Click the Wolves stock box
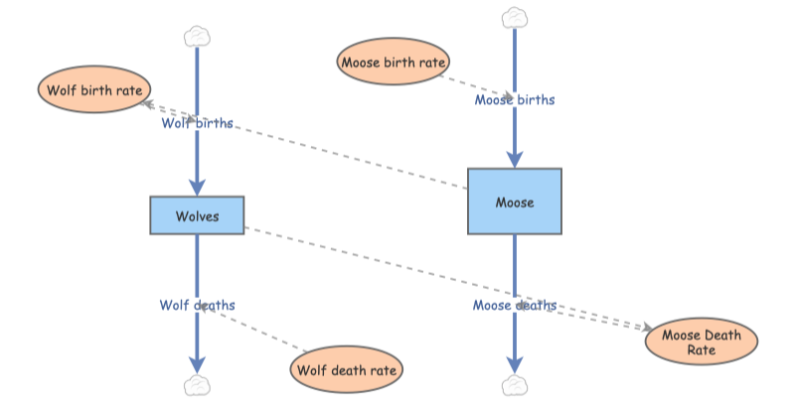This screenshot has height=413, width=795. coord(197,215)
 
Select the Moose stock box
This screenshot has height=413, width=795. coord(515,202)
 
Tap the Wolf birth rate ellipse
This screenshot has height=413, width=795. coord(89,90)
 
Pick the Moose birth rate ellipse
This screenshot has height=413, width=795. coord(393,63)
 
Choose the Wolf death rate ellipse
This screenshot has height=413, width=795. coord(347,369)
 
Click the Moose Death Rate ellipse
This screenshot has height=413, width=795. coord(701,342)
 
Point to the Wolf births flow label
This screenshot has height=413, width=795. coord(198,124)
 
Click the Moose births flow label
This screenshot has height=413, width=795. coord(514,99)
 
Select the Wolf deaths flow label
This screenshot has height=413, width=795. coord(197,305)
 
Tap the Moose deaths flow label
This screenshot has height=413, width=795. coord(514,305)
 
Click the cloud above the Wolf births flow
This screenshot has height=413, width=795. coord(197,37)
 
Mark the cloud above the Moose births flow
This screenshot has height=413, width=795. coord(514,17)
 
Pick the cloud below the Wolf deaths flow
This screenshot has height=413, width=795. coord(197,385)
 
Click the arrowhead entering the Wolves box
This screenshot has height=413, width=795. coord(197,188)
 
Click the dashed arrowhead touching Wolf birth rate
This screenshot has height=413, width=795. coord(145,102)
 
